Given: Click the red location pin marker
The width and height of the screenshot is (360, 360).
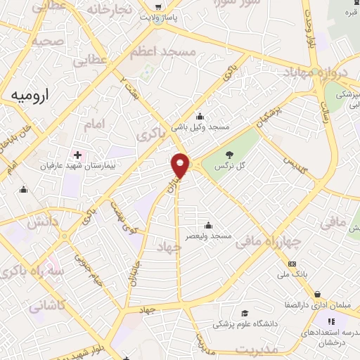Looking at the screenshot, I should coord(181,165).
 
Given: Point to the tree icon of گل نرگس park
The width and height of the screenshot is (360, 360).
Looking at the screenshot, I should coord(229,155).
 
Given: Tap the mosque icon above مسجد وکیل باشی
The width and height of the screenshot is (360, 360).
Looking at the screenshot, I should coord(200,116).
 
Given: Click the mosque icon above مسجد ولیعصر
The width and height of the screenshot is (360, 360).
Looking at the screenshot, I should coord(208,226).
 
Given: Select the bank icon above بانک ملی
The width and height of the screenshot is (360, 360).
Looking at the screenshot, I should coord(292,264).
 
